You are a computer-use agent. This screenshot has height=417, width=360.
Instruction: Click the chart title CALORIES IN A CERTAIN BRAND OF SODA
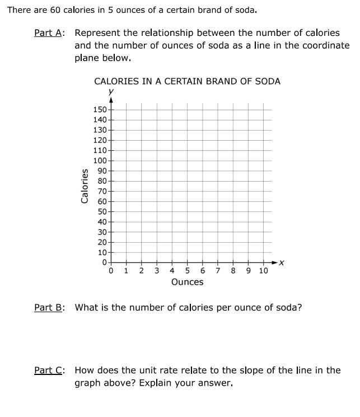pos(187,81)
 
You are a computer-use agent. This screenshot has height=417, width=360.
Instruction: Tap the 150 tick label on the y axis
pos(100,109)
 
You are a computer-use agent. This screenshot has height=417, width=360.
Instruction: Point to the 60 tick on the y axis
pos(102,201)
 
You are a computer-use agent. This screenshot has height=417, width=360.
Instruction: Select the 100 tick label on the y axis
pos(100,160)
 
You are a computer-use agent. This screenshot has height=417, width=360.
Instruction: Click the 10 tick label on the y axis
pos(102,252)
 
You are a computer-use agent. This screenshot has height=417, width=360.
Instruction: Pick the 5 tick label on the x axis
pos(187,271)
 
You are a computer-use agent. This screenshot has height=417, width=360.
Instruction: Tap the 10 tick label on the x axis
pos(263,271)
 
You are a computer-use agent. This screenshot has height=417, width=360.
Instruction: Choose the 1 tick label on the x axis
pos(126,271)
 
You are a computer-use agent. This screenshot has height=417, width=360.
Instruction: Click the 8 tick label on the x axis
pos(233,271)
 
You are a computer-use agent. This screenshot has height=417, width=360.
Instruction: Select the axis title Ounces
pos(187,282)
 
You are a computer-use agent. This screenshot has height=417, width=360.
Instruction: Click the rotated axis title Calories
pos(85,186)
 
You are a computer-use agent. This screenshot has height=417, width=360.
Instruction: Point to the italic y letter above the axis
pos(111,91)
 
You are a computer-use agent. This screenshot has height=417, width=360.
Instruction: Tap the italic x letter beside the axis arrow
pos(282,262)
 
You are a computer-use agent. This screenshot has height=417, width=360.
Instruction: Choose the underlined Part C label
pos(49,370)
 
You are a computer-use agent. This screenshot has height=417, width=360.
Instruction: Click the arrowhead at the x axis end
pos(274,262)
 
